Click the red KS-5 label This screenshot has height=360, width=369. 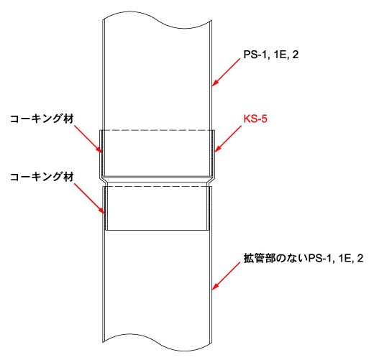[255, 119]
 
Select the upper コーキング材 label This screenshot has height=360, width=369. [42, 119]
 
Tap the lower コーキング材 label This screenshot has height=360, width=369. [42, 177]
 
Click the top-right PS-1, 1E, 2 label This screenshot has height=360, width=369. [271, 55]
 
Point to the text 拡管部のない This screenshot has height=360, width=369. [275, 259]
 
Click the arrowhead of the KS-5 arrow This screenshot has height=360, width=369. [217, 149]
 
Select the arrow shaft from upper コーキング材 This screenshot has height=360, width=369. [88, 139]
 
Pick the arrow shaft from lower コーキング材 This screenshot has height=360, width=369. [90, 198]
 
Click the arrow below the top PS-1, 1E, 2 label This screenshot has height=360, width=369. [226, 72]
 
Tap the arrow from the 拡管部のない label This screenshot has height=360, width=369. [226, 276]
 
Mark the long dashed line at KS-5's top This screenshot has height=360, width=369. [158, 131]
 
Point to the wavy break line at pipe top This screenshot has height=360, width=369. [157, 20]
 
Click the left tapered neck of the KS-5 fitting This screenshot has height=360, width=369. [103, 181]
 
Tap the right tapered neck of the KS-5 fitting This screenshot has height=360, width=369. [211, 181]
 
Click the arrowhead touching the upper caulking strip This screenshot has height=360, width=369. [100, 150]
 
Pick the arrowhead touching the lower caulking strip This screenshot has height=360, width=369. [102, 211]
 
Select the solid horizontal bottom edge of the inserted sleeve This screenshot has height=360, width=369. [157, 231]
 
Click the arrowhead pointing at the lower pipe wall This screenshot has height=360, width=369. [215, 287]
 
